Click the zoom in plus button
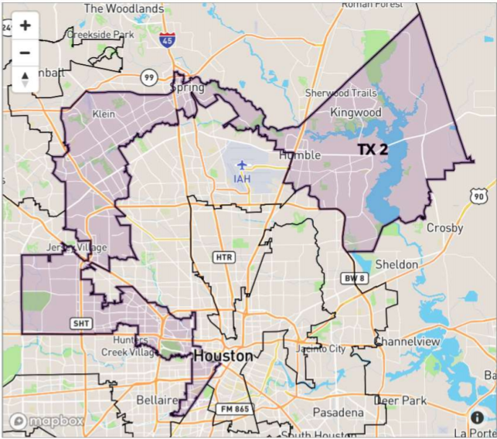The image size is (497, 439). click(25, 26)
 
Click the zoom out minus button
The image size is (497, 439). click(25, 53)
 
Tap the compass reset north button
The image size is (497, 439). click(25, 79)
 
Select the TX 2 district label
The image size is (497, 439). click(372, 149)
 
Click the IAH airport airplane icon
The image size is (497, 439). click(243, 165)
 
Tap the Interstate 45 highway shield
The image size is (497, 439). click(168, 40)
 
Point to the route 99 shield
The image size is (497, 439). click(149, 77)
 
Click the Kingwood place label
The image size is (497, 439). click(356, 113)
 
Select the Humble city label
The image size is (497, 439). click(300, 155)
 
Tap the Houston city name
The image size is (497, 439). click(223, 356)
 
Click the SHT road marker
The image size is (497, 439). click(80, 322)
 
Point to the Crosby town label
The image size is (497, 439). click(444, 229)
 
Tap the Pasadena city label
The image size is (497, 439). click(338, 413)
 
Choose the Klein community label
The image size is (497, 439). click(103, 114)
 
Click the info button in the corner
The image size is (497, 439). click(477, 418)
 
